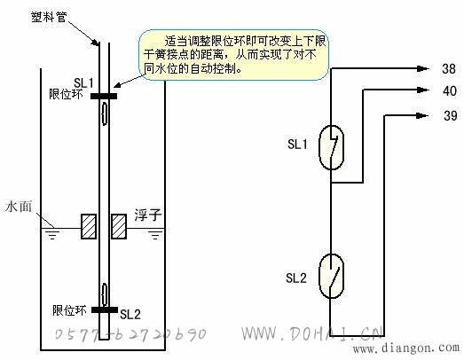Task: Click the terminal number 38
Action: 449,69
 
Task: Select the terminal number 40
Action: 450,90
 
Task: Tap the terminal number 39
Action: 450,115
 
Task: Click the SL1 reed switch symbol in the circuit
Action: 331,147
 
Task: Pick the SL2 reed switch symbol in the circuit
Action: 331,276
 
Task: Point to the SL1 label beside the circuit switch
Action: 297,144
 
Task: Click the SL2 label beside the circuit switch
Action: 296,278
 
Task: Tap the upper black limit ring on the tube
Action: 104,96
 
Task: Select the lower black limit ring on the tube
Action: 105,309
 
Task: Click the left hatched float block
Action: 89,226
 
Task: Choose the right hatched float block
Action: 119,226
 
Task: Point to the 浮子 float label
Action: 148,215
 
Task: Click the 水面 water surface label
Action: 19,207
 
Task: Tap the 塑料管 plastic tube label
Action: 49,17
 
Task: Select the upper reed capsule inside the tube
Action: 104,113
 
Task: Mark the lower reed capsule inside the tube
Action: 104,294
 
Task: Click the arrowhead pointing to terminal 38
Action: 423,68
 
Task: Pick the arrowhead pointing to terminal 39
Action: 422,115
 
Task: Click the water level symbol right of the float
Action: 155,234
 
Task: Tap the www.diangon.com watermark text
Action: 406,348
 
